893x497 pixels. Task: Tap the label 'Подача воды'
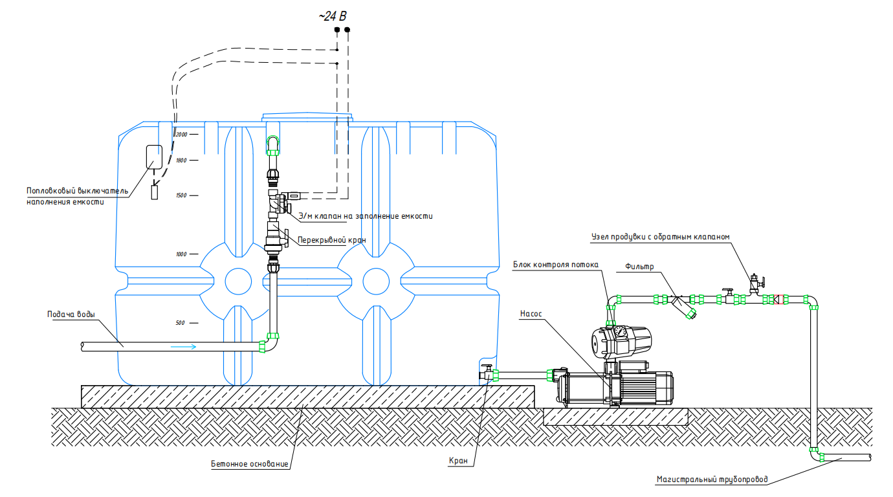[x=71, y=315]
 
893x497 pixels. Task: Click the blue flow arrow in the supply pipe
[x=184, y=347]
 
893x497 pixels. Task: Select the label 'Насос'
[x=531, y=314]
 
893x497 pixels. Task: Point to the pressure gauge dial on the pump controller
[x=619, y=332]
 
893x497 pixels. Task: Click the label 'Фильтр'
[x=640, y=267]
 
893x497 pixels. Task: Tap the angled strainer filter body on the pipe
[x=683, y=307]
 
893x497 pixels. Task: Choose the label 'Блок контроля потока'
[x=556, y=265]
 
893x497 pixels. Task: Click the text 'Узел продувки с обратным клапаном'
[x=660, y=237]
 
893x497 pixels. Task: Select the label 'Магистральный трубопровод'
[x=712, y=480]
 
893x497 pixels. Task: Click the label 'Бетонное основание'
[x=249, y=464]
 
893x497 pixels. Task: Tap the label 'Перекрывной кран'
[x=331, y=239]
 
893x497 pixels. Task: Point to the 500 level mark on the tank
[x=181, y=323]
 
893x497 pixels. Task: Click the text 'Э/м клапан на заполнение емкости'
[x=365, y=215]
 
